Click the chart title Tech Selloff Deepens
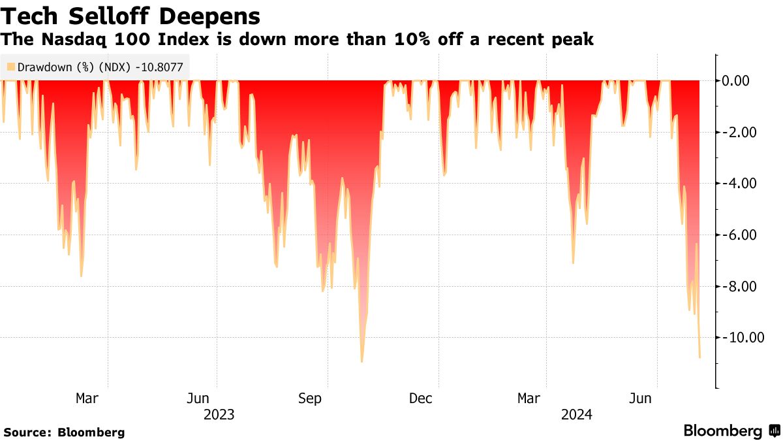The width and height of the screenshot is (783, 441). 130,15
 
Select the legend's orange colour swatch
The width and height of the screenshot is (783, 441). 10,67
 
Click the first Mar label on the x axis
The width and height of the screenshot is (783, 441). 87,398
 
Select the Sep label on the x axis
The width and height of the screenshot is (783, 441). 309,398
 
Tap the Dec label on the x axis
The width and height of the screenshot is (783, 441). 420,398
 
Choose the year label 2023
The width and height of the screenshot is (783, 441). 219,414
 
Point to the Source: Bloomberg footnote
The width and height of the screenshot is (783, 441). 64,433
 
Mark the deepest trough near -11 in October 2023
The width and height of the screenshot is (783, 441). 361,361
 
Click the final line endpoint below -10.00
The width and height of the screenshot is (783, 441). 699,357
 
